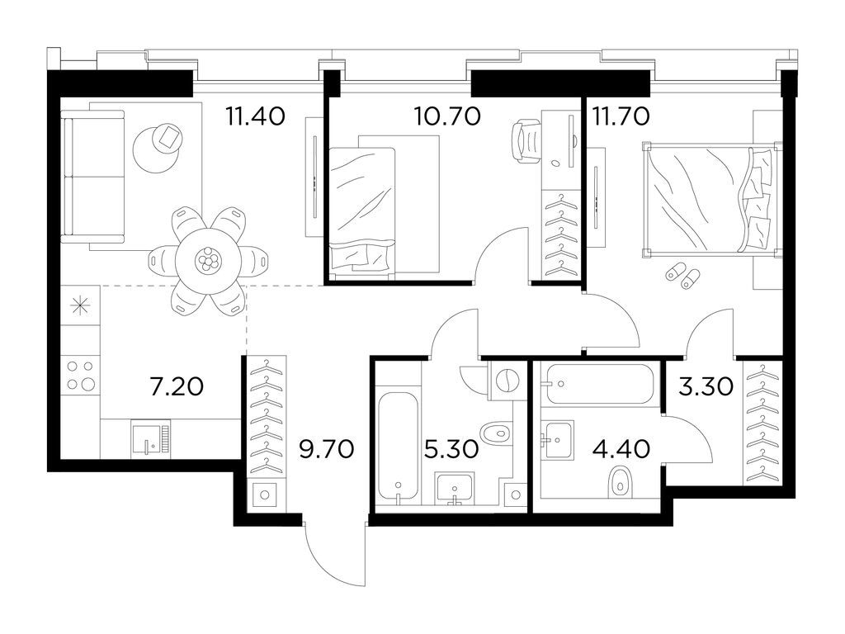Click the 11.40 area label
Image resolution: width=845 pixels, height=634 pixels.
pos(256,116)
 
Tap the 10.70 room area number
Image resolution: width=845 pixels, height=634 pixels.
pos(447,116)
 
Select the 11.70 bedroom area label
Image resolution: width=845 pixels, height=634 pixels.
pos(621,116)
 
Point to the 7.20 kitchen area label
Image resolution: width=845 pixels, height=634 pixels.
pos(177,386)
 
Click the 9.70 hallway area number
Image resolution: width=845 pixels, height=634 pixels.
pos(327,448)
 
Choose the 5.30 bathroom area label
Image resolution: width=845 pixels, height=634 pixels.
pos(451,448)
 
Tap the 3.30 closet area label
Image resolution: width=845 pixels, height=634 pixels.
pos(706,386)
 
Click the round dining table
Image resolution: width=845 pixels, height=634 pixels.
pos(207,262)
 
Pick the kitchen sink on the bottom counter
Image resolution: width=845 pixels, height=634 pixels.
pos(151,439)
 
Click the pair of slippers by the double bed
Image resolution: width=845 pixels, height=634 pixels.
pos(682,275)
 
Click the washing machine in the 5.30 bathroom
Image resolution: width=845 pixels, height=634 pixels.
pos(506,381)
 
